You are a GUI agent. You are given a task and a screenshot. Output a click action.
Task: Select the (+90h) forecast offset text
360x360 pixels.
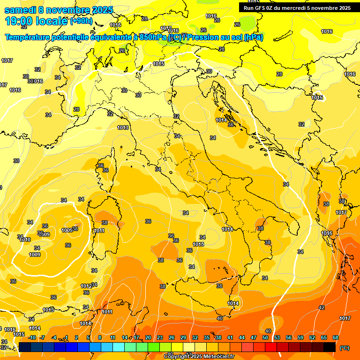tap(81, 21)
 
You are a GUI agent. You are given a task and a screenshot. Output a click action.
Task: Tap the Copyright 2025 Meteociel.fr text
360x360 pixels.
tap(199, 356)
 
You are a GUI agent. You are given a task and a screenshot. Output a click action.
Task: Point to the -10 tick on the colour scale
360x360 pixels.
tap(32, 337)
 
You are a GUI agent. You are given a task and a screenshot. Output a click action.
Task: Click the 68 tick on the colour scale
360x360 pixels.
tap(336, 337)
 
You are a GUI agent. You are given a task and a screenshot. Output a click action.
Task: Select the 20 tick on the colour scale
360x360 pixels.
tap(148, 337)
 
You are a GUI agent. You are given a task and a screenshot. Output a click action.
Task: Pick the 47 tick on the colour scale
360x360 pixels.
tap(254, 337)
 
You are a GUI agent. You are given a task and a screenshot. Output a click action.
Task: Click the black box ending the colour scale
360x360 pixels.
tap(330, 347)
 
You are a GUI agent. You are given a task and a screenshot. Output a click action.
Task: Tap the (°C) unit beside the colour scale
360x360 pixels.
tap(345, 347)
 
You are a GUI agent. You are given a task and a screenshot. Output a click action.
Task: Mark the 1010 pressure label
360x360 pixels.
tap(25, 240)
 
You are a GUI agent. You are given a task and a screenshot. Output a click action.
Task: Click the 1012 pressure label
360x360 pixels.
tap(86, 286)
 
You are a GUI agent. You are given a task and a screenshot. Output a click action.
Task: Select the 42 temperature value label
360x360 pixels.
tap(321, 307)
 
